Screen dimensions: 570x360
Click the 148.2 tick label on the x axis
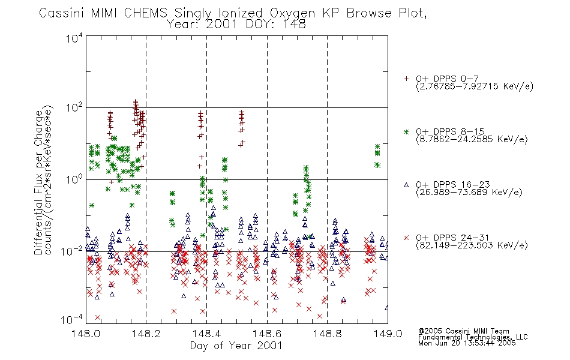[146, 334]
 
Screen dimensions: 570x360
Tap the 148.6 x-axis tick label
[266, 334]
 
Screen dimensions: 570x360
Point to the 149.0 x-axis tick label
[388, 334]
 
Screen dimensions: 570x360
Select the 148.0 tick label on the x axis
[85, 334]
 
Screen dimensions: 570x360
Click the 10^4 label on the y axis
[74, 38]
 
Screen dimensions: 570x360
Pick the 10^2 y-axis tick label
[74, 108]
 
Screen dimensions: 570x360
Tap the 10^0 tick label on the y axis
[74, 179]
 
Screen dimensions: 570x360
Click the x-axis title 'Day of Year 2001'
[236, 346]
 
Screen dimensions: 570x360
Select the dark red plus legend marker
[406, 79]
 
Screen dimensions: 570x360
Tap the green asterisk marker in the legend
[406, 132]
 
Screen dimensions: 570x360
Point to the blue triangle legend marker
[406, 185]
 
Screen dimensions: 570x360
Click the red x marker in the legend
[406, 238]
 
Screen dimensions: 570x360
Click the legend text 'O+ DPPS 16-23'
[452, 184]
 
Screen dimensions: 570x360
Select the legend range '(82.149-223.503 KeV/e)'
[472, 245]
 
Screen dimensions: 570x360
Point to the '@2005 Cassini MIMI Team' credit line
[463, 331]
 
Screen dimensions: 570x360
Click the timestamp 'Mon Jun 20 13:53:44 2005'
[467, 343]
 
